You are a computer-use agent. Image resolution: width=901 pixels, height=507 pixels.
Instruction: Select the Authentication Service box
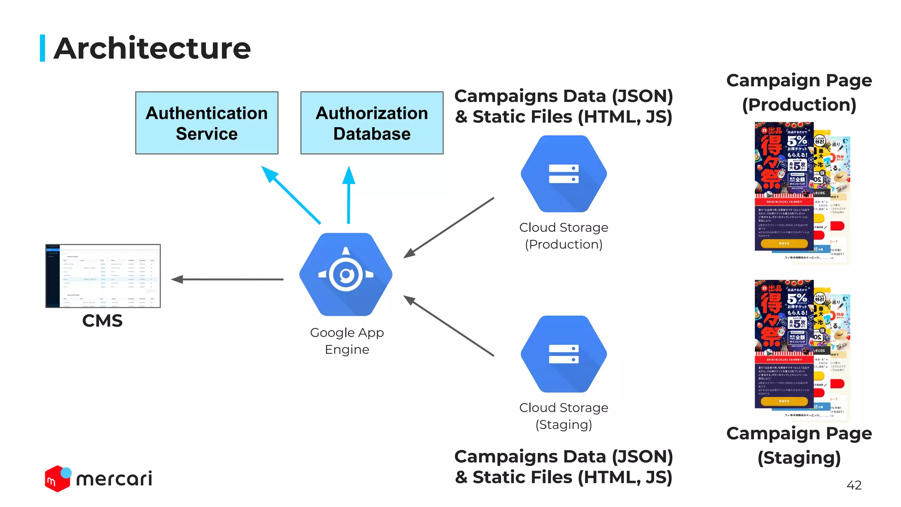(x=207, y=123)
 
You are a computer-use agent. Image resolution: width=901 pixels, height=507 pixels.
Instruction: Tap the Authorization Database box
(x=372, y=123)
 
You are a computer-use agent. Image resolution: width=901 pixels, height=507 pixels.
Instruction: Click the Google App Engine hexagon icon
(x=346, y=274)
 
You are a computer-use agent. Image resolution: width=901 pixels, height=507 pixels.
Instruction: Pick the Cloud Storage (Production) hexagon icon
(x=564, y=174)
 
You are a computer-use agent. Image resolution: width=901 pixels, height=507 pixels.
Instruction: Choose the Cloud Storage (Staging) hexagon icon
(x=564, y=354)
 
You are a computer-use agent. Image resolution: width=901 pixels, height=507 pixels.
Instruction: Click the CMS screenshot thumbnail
(x=103, y=276)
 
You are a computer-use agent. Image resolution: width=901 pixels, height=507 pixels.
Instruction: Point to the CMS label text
(x=102, y=321)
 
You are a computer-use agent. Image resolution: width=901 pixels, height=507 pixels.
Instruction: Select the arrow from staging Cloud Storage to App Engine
(x=449, y=326)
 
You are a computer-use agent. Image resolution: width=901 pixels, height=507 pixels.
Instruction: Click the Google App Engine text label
(x=347, y=341)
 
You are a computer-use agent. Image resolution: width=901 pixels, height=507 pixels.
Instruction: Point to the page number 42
(x=853, y=485)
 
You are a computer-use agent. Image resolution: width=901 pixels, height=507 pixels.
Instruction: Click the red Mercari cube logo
(x=57, y=479)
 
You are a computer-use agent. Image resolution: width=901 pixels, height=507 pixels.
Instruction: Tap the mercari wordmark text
(x=114, y=479)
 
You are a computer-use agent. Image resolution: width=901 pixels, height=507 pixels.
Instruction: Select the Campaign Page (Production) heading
(x=798, y=92)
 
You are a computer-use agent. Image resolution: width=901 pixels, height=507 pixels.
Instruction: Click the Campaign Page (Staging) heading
(x=798, y=445)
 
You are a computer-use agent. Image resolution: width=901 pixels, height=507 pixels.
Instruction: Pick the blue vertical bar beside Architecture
(x=43, y=48)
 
